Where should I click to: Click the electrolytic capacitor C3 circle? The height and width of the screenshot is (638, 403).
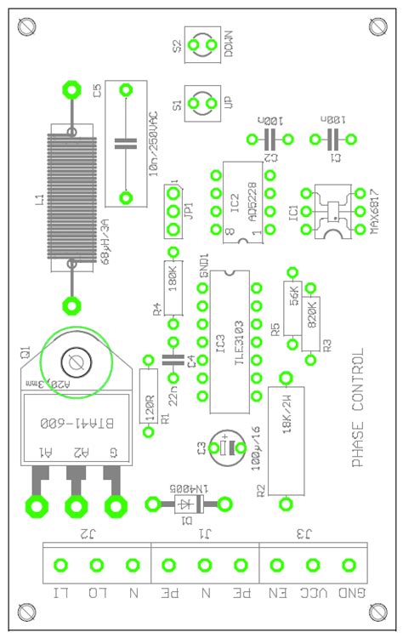(x=226, y=447)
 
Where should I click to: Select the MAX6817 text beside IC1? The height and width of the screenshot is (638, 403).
(x=375, y=210)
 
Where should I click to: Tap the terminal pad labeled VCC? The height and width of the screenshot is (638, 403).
(x=313, y=565)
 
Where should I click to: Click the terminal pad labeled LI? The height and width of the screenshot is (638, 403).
(x=61, y=565)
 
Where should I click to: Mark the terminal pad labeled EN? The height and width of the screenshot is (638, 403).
(x=277, y=565)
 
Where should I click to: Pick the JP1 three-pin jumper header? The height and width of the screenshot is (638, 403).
(x=173, y=211)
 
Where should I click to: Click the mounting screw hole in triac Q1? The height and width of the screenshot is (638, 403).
(x=77, y=362)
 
